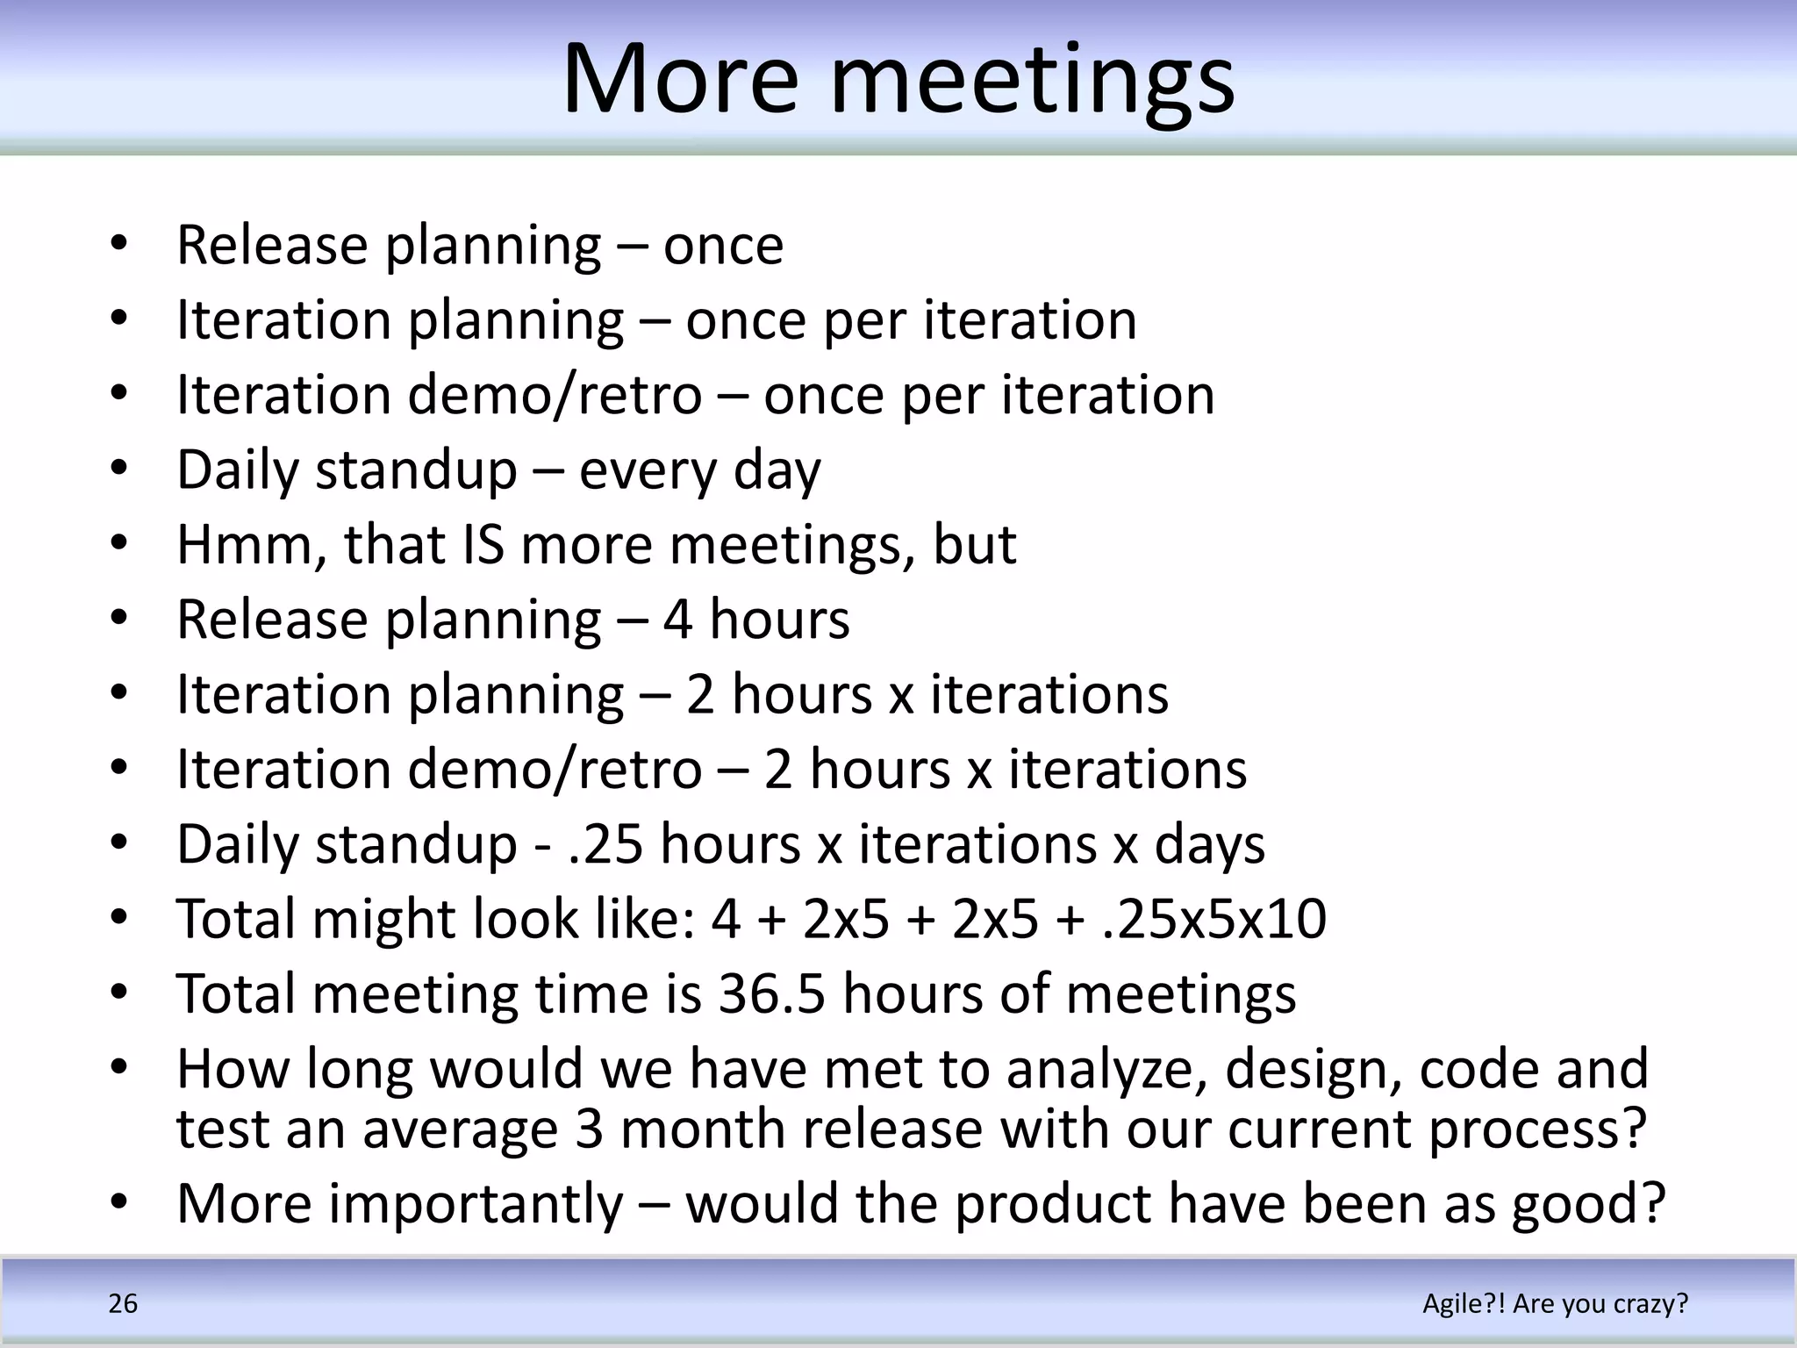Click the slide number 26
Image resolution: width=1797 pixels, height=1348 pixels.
point(123,1303)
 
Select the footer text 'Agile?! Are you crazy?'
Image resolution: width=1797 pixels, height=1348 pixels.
point(1555,1303)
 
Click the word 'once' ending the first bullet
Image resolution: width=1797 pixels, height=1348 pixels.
point(723,246)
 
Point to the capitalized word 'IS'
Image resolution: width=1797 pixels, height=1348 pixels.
point(483,544)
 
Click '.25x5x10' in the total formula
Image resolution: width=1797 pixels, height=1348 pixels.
point(1214,919)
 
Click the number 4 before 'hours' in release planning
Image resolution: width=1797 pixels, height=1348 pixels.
point(677,620)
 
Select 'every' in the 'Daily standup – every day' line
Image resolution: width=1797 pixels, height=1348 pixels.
point(648,471)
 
